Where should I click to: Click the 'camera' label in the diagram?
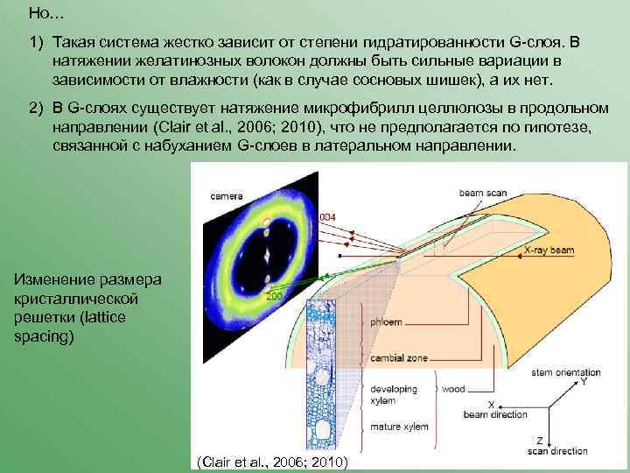coord(226,197)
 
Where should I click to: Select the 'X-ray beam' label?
coord(549,251)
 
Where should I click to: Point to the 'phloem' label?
coord(385,322)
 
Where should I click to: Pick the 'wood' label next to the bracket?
coord(453,388)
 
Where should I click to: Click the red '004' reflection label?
coord(303,215)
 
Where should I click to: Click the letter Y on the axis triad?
coord(584,383)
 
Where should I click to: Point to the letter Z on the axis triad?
coord(540,440)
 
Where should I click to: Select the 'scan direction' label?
coord(557,451)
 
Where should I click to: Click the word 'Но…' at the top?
coord(40,13)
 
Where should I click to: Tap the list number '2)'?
coord(35,107)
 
